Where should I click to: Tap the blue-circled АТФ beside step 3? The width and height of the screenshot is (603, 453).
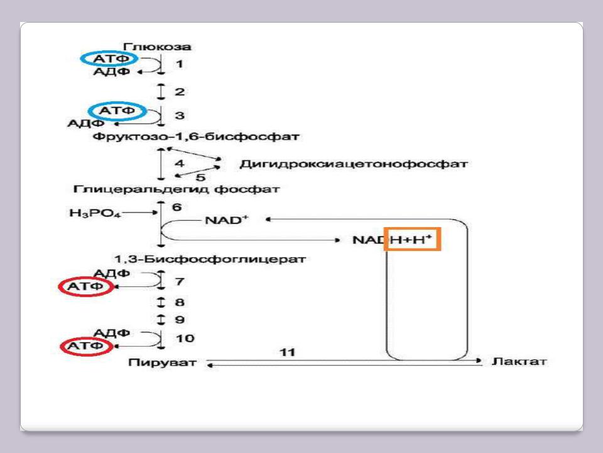pos(117,111)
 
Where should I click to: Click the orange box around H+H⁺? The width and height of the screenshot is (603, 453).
pos(413,240)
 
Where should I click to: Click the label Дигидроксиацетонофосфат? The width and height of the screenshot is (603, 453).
pos(354,164)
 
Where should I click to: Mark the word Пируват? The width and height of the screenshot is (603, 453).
pos(162,362)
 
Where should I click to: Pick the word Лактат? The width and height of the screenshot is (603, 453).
pos(519,362)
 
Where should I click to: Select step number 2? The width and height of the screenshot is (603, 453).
pos(179,92)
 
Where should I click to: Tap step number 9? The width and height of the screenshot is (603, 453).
pos(179,319)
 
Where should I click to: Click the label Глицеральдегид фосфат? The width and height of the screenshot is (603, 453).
pos(177,189)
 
